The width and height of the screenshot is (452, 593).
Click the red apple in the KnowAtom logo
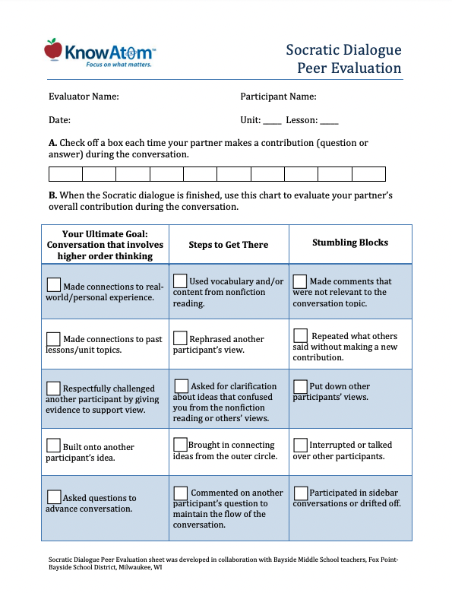click(x=53, y=49)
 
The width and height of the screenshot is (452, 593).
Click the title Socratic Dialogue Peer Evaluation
click(x=343, y=59)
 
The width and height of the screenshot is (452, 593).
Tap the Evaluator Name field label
click(x=84, y=97)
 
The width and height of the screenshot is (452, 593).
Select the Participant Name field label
click(x=278, y=97)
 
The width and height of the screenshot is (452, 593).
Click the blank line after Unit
click(x=273, y=121)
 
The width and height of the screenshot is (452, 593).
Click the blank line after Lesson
click(x=329, y=121)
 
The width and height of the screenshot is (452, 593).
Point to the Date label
click(x=59, y=120)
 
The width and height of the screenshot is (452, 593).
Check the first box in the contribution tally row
click(x=65, y=174)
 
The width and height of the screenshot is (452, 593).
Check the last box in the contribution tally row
click(x=368, y=174)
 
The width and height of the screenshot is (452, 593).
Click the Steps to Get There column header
click(x=229, y=245)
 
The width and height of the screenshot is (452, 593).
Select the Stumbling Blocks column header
click(x=350, y=243)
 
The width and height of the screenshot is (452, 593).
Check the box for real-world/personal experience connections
click(x=54, y=284)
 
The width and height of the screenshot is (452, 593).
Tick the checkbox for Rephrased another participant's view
click(x=181, y=338)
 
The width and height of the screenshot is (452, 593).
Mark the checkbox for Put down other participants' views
click(x=300, y=385)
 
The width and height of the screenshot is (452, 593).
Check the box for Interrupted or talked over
click(x=300, y=444)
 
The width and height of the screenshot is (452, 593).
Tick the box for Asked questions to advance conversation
click(x=54, y=496)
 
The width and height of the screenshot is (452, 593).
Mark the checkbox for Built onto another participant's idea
click(x=54, y=445)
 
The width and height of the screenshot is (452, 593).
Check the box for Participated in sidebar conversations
click(x=300, y=492)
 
